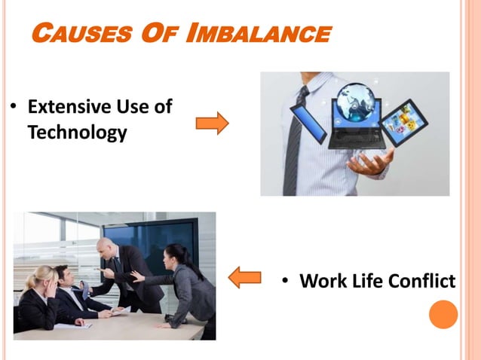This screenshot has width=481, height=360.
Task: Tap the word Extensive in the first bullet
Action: coord(63,106)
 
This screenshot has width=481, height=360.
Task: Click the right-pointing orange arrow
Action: coord(212,123)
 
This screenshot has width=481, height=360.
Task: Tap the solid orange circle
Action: coord(443,314)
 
